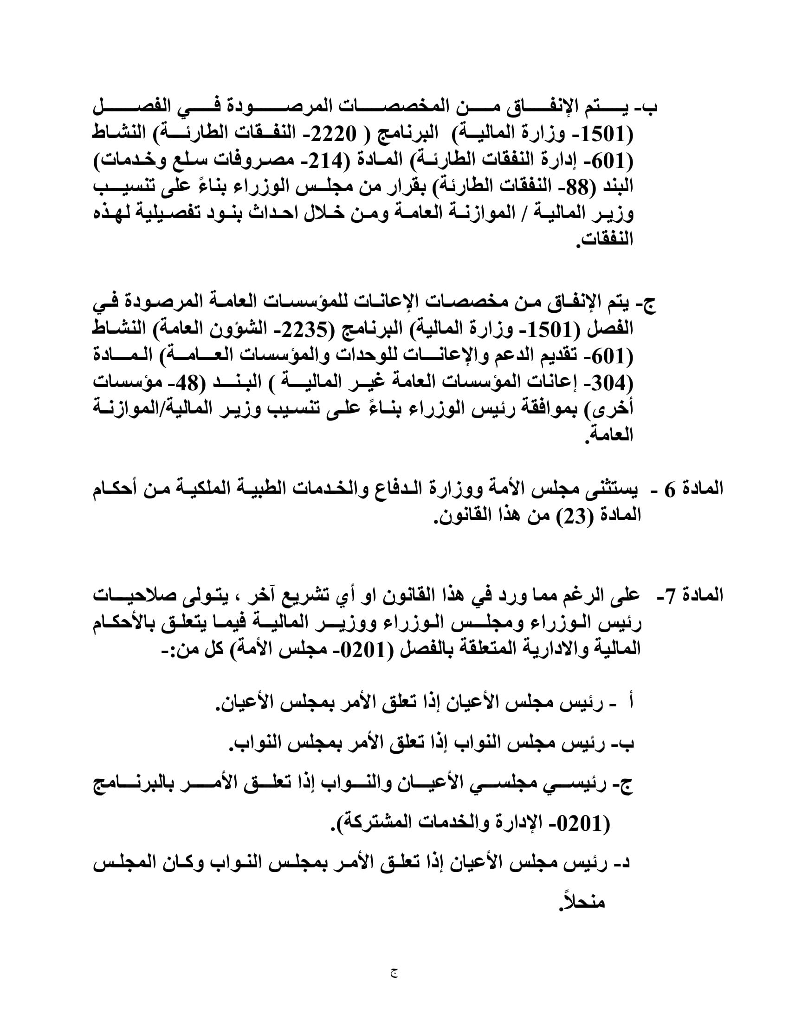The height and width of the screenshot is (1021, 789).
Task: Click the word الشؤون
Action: [238, 329]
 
